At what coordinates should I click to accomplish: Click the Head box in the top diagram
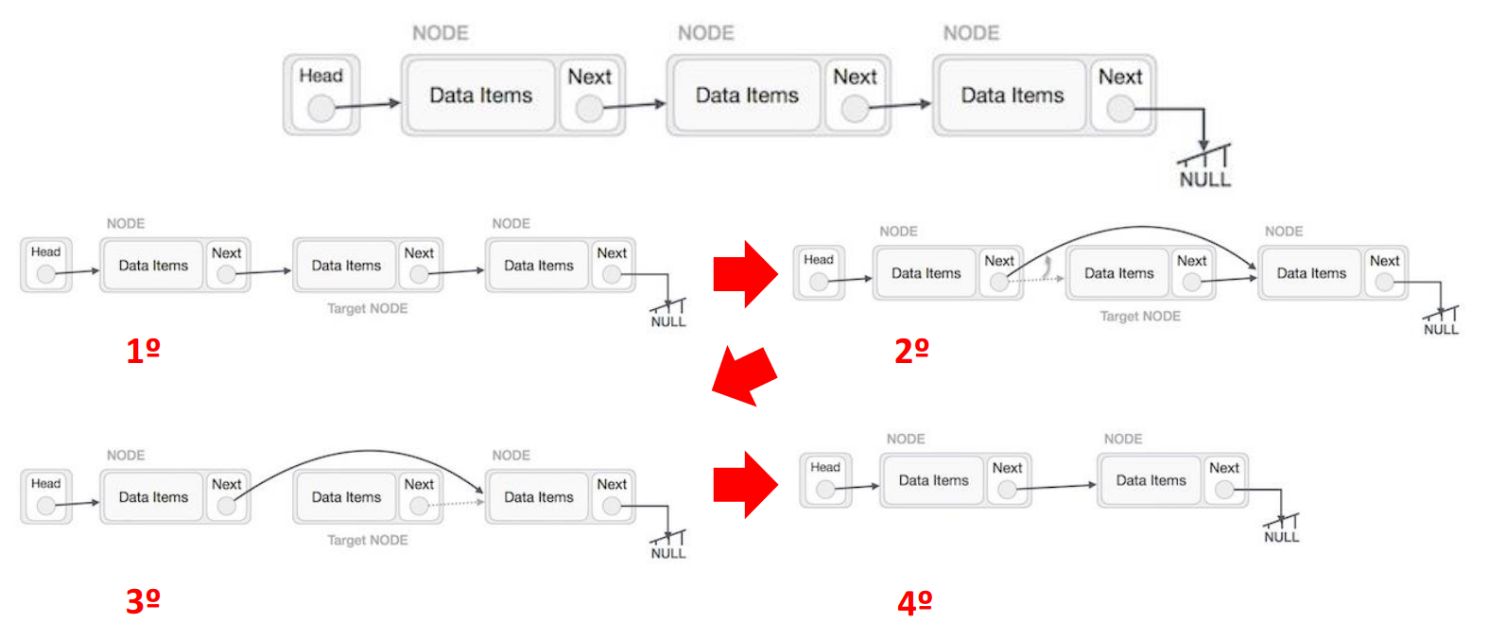pyautogui.click(x=321, y=94)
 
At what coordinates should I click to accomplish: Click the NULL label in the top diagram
pyautogui.click(x=1204, y=180)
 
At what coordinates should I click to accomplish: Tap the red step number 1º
pyautogui.click(x=143, y=351)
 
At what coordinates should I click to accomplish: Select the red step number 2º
pyautogui.click(x=911, y=351)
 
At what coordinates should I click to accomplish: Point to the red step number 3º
pyautogui.click(x=143, y=600)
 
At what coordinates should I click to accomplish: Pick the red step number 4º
pyautogui.click(x=914, y=602)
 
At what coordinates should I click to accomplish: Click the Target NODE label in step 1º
pyautogui.click(x=367, y=308)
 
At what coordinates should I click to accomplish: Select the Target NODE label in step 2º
pyautogui.click(x=1139, y=316)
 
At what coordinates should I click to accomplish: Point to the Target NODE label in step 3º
pyautogui.click(x=367, y=540)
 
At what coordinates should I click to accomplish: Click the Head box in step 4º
pyautogui.click(x=825, y=479)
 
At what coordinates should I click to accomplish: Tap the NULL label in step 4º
pyautogui.click(x=1281, y=537)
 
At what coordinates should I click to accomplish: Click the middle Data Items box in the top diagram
pyautogui.click(x=746, y=95)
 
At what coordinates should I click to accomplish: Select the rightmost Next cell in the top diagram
pyautogui.click(x=1120, y=94)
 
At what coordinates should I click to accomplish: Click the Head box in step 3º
pyautogui.click(x=45, y=496)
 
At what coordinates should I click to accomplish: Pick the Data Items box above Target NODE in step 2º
pyautogui.click(x=1118, y=273)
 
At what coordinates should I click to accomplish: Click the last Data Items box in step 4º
pyautogui.click(x=1151, y=480)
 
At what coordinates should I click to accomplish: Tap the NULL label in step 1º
pyautogui.click(x=667, y=322)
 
